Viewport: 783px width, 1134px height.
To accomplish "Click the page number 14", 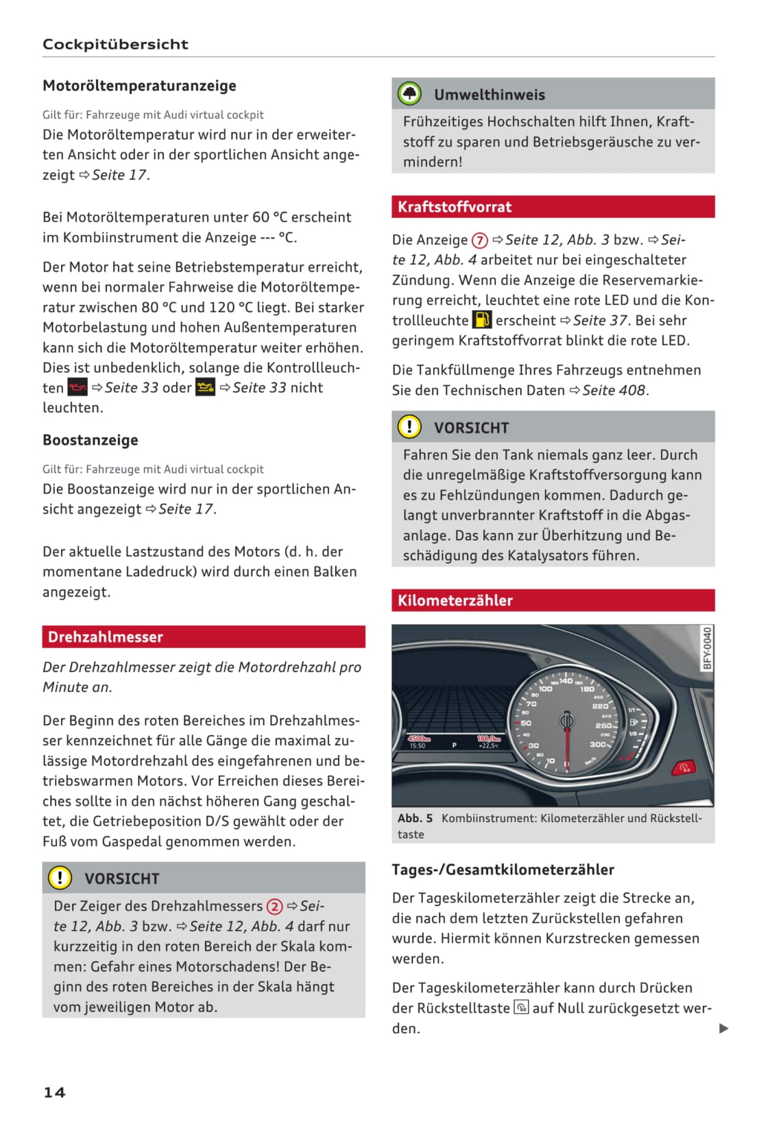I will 54,1092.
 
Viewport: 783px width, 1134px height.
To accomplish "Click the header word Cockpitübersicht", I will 115,44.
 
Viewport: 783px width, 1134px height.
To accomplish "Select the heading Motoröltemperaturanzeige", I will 139,86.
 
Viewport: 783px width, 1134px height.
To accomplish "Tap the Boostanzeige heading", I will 91,440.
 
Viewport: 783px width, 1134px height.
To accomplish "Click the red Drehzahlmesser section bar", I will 203,637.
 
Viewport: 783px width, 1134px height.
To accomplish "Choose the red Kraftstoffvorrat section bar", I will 553,207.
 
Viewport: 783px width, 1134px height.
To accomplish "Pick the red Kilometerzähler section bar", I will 553,601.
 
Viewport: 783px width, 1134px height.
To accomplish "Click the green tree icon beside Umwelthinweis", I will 409,94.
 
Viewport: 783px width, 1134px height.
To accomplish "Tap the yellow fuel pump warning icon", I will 482,320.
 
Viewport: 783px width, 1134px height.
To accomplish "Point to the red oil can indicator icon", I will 77,387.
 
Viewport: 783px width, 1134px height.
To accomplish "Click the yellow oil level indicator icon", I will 205,387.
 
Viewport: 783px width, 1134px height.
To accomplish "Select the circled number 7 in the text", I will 479,241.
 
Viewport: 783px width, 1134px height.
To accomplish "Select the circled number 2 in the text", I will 274,906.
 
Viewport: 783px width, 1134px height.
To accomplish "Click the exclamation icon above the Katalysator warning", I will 409,427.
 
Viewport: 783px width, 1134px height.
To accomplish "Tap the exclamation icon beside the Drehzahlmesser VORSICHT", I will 60,878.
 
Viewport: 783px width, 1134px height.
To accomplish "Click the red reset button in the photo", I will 683,767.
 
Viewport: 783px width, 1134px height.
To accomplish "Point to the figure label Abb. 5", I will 415,818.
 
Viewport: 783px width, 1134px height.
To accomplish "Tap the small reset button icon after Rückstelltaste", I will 521,1008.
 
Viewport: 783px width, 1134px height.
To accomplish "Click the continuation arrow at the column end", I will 723,1028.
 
